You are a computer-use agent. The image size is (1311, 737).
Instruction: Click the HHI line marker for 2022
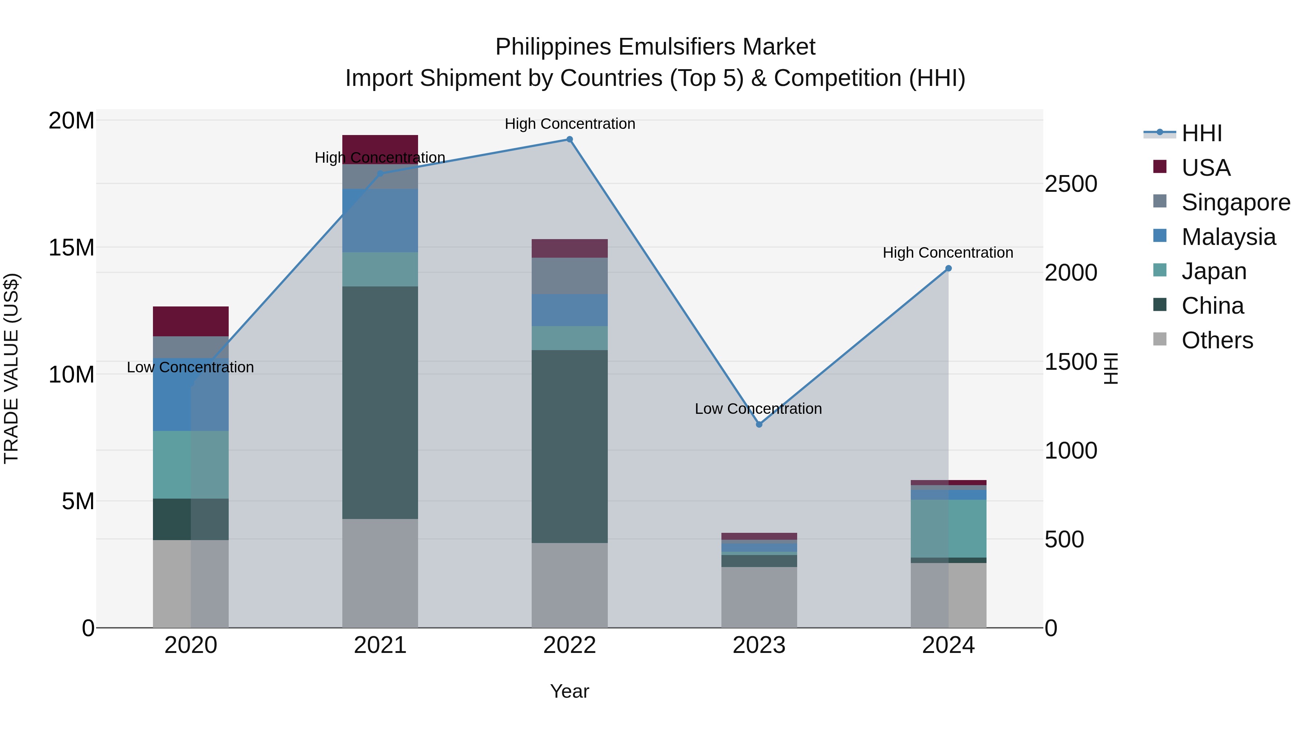tap(570, 139)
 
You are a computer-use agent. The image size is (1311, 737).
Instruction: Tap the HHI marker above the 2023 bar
tap(759, 424)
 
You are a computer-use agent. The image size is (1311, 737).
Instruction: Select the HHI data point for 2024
tap(948, 269)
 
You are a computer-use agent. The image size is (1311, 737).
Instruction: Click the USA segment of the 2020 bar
tap(191, 321)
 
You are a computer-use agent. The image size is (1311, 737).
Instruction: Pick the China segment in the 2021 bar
tap(380, 402)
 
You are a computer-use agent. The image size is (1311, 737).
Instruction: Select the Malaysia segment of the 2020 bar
tap(191, 395)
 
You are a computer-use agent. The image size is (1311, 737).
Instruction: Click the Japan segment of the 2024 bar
tap(948, 528)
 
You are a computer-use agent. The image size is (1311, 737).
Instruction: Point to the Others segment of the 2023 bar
tap(759, 597)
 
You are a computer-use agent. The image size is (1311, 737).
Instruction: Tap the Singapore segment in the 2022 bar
tap(570, 276)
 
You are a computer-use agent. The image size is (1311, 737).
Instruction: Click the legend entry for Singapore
tap(1236, 202)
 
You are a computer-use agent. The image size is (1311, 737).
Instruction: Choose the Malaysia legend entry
tap(1229, 237)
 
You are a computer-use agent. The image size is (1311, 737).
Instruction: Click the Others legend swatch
tap(1160, 339)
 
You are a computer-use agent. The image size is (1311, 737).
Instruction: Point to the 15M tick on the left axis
tap(71, 248)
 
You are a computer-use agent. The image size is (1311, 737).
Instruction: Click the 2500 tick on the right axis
tap(1071, 184)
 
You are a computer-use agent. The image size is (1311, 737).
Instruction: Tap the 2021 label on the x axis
tap(380, 645)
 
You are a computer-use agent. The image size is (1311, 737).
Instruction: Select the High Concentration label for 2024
tap(948, 253)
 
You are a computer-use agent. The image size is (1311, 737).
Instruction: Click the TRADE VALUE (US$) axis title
tap(11, 368)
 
